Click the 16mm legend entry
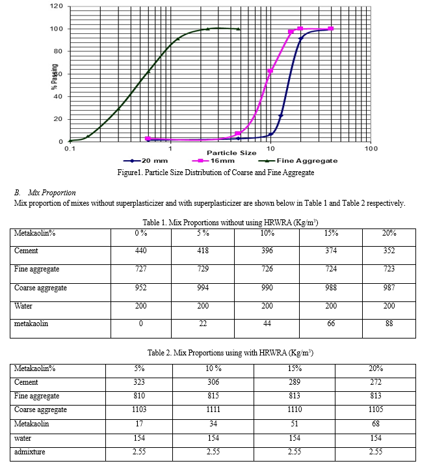pyautogui.click(x=213, y=161)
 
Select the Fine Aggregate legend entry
pyautogui.click(x=298, y=161)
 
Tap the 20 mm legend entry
pyautogui.click(x=146, y=161)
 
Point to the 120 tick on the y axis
pyautogui.click(x=57, y=6)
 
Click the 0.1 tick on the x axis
pyautogui.click(x=70, y=148)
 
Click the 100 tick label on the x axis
pyautogui.click(x=371, y=148)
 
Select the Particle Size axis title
pyautogui.click(x=231, y=153)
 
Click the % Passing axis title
pyautogui.click(x=54, y=77)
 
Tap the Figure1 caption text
pyautogui.click(x=216, y=173)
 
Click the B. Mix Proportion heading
pyautogui.click(x=45, y=193)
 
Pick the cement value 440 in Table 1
pyautogui.click(x=140, y=251)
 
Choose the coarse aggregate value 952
pyautogui.click(x=140, y=288)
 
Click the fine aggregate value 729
pyautogui.click(x=203, y=269)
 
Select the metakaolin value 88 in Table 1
pyautogui.click(x=389, y=324)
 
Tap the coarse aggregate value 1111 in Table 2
pyautogui.click(x=213, y=409)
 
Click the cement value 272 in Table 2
pyautogui.click(x=376, y=382)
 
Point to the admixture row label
pyautogui.click(x=30, y=452)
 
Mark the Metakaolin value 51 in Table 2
pyautogui.click(x=295, y=424)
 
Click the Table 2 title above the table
pyautogui.click(x=230, y=353)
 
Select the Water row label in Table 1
pyautogui.click(x=23, y=306)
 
